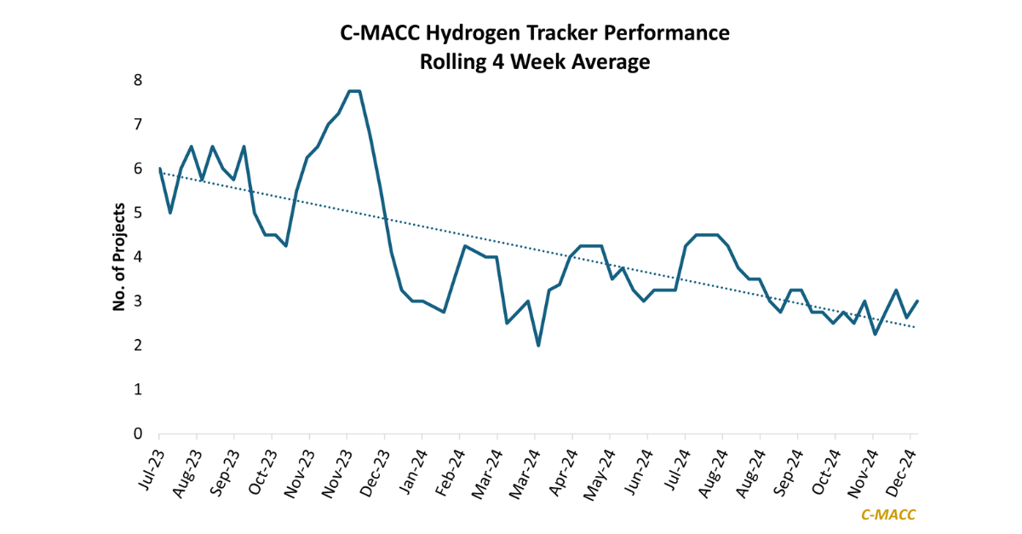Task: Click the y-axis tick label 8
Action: click(x=137, y=80)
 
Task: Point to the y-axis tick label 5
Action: click(x=137, y=213)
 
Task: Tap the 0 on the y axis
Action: click(x=137, y=434)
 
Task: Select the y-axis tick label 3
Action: click(x=137, y=301)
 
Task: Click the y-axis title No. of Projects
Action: click(x=119, y=256)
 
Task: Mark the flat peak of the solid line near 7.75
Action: click(x=354, y=91)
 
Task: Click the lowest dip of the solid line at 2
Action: click(x=538, y=345)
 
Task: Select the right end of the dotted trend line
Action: click(x=916, y=327)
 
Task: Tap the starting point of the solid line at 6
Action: click(x=160, y=169)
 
